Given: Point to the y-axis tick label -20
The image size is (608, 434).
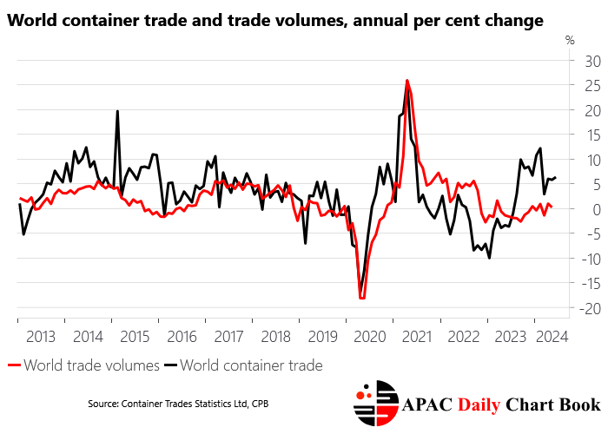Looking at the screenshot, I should click(569, 308).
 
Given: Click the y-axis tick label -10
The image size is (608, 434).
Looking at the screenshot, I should click(569, 259).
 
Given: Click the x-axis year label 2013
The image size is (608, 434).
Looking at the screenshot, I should click(41, 336).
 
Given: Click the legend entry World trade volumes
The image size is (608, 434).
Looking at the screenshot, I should click(91, 365).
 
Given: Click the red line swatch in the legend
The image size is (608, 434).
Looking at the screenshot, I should click(14, 366).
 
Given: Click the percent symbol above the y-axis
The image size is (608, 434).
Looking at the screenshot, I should click(570, 40).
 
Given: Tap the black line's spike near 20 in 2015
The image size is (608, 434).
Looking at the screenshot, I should click(117, 111).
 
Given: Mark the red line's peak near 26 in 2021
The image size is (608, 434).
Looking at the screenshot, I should click(407, 81).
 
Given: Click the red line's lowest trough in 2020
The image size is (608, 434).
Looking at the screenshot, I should click(362, 298).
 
